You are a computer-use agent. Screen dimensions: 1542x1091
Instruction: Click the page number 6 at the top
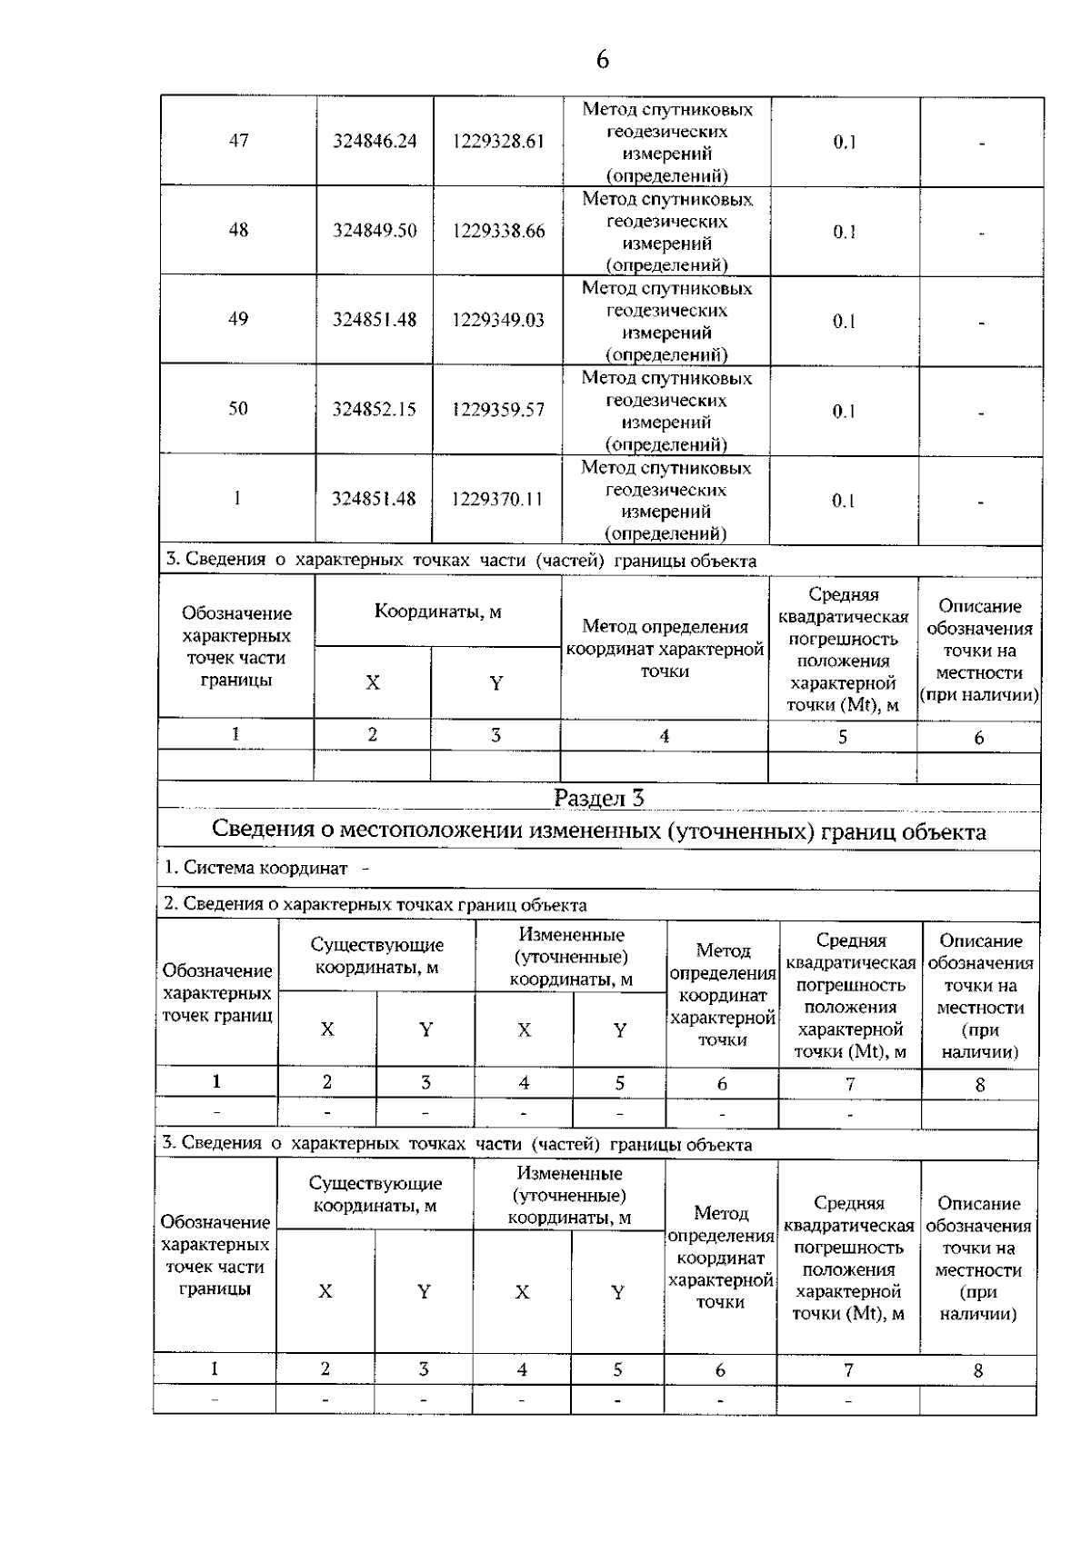coord(602,60)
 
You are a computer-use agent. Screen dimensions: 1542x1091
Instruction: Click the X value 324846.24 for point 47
coord(375,141)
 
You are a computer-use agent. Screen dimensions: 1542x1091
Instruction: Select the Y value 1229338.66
coord(499,231)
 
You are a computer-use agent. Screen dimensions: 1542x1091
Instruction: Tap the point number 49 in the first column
coord(238,319)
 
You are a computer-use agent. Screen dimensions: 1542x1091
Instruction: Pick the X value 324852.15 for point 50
coord(375,410)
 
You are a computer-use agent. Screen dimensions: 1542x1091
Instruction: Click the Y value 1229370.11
coord(499,500)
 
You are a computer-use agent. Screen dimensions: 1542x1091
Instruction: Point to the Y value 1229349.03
coord(499,320)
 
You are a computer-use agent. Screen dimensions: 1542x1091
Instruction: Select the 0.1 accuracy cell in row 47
coord(845,142)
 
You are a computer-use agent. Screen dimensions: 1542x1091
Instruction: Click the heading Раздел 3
coord(599,798)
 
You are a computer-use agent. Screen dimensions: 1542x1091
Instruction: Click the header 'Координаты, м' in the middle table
coord(438,612)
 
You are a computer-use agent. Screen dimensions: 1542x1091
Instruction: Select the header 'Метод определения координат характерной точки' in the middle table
coord(665,649)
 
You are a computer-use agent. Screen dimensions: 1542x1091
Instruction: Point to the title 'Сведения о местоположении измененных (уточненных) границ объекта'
coord(599,831)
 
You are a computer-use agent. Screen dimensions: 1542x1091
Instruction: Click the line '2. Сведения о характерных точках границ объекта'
coord(375,905)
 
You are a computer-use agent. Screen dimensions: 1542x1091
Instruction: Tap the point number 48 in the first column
coord(238,230)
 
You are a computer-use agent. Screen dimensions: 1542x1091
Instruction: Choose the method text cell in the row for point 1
coord(666,501)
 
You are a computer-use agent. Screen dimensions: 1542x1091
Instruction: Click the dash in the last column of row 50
coord(982,414)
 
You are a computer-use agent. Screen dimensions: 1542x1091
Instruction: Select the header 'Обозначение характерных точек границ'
coord(217,993)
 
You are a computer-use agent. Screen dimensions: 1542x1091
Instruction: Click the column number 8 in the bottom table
coord(978,1371)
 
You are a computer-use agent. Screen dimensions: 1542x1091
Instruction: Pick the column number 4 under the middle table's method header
coord(665,737)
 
